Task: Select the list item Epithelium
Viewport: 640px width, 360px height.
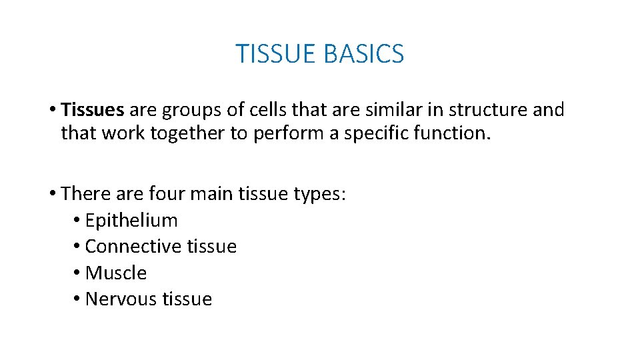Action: coord(131,220)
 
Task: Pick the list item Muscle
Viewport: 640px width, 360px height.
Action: coord(116,273)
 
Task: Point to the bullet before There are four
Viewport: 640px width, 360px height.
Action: coord(52,195)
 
